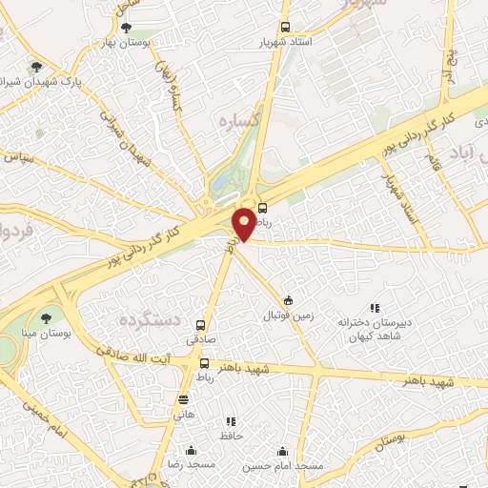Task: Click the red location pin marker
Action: (x=245, y=222)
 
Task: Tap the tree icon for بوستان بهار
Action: (x=128, y=28)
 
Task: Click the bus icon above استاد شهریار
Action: (x=284, y=29)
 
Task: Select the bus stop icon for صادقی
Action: (x=200, y=324)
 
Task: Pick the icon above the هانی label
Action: (x=184, y=399)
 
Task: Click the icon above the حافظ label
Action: (x=230, y=420)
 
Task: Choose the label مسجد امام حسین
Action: (x=283, y=465)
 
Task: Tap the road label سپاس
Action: (x=22, y=156)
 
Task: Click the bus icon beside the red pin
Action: (x=263, y=209)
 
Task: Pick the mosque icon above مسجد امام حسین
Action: (x=282, y=451)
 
